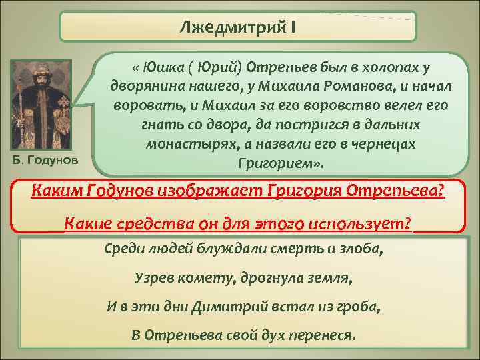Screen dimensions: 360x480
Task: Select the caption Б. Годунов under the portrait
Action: click(x=45, y=160)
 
